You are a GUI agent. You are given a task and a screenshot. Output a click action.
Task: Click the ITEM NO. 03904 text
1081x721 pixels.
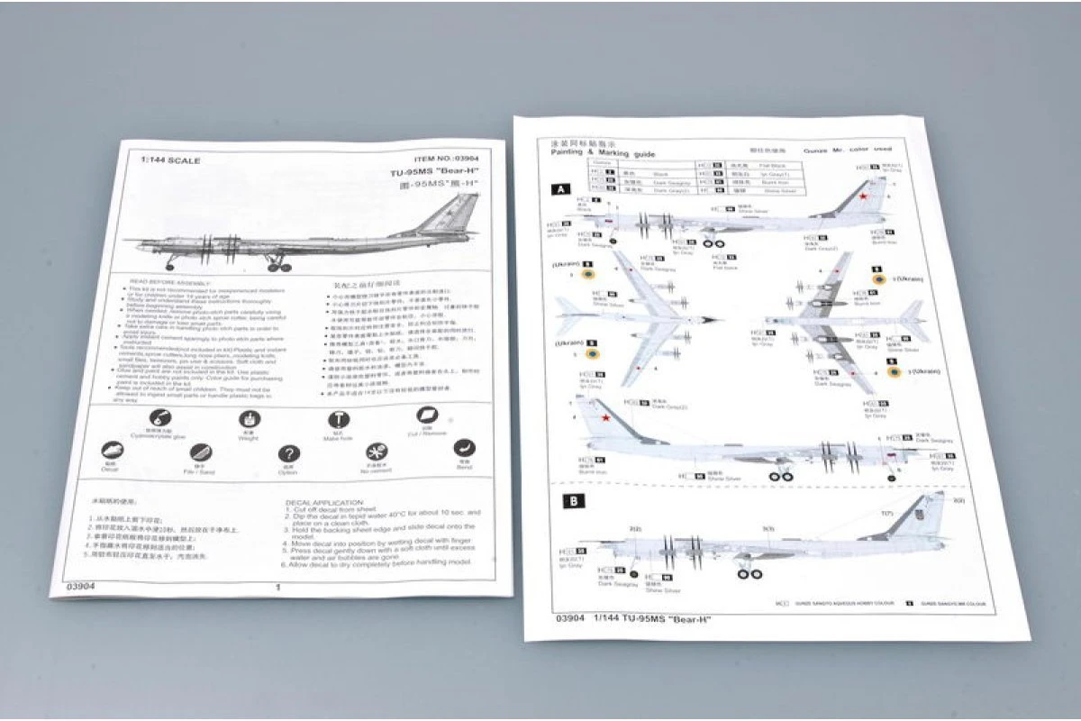pos(442,157)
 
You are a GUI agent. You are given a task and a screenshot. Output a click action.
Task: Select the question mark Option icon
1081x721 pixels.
pos(288,454)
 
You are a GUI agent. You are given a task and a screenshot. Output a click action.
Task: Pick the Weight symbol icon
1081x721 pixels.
pos(248,419)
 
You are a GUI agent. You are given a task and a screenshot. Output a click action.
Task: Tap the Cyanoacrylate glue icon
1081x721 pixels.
pos(159,417)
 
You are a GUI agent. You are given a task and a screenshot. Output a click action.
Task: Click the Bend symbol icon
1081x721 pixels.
pos(464,448)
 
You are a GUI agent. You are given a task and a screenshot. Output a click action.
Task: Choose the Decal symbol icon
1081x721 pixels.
pos(112,450)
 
